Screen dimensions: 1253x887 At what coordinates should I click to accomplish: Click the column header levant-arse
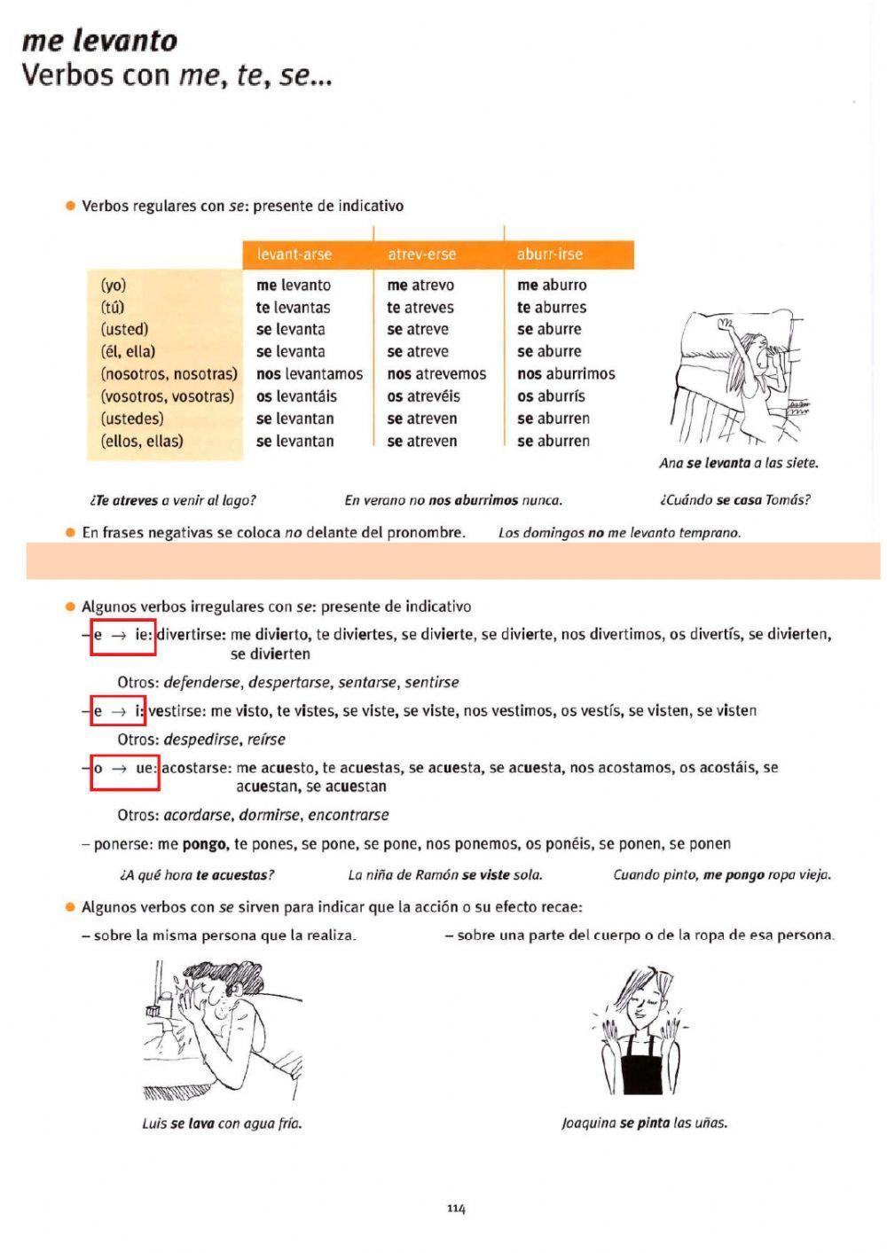coord(294,255)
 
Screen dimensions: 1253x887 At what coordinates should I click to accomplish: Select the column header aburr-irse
coord(550,255)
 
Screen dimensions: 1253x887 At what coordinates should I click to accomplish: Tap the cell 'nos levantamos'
coord(310,374)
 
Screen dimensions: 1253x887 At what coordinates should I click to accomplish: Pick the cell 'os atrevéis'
coord(423,396)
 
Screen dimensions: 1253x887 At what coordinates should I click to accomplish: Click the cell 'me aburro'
coord(552,286)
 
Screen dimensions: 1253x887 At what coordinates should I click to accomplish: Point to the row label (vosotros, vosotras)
coord(168,396)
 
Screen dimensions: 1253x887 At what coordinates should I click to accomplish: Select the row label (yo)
coord(114,286)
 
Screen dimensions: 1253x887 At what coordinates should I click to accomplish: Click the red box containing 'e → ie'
coord(123,635)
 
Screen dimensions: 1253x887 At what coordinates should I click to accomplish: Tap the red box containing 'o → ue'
coord(125,768)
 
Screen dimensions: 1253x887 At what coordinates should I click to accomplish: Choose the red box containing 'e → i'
coord(119,711)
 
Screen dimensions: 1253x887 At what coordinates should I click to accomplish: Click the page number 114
coord(456,1209)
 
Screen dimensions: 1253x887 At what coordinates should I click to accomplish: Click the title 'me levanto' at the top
coord(99,41)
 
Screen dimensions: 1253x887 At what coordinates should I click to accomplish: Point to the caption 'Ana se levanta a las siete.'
coord(738,463)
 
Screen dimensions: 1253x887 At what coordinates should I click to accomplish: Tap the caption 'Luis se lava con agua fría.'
coord(222,1124)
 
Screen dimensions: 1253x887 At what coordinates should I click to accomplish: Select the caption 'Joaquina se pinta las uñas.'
coord(644,1124)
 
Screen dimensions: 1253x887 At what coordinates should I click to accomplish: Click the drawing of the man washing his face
coord(222,1029)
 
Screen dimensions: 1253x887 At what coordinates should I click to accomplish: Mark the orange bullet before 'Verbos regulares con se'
coord(70,206)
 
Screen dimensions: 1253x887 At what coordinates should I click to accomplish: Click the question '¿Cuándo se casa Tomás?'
coord(734,500)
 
